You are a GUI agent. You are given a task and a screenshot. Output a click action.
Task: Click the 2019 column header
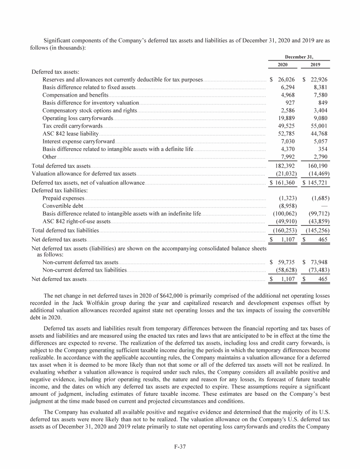tap(315, 65)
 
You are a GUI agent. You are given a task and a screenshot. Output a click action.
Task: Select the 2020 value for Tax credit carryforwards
tap(285, 126)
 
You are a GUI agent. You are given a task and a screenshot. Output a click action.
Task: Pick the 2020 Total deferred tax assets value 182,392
tap(284, 166)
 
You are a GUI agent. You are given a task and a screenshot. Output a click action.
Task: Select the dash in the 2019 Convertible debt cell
tap(325, 206)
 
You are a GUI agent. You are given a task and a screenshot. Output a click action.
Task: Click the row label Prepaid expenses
tap(63, 198)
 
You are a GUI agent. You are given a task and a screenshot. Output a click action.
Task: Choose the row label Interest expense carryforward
tap(78, 141)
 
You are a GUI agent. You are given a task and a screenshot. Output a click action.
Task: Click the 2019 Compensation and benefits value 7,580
tap(318, 96)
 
